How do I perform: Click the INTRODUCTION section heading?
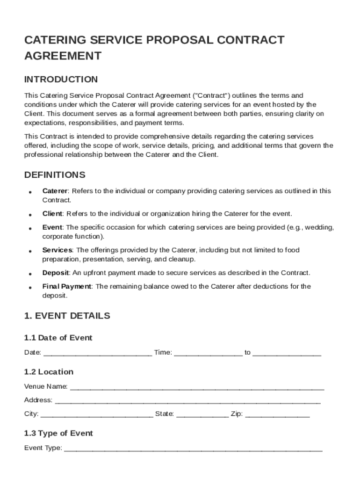pos(61,79)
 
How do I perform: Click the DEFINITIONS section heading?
pos(55,175)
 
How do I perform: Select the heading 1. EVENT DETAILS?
pos(67,316)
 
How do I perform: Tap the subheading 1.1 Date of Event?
pos(58,338)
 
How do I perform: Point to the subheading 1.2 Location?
pos(49,372)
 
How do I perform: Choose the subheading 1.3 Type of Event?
pos(58,433)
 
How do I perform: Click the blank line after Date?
pos(97,353)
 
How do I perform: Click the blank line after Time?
pos(208,353)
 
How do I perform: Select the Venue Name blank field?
pos(196,387)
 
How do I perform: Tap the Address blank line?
pos(187,401)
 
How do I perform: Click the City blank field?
pos(97,414)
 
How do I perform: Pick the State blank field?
pos(202,414)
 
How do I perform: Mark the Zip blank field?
pos(277,414)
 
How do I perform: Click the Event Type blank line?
pos(193,449)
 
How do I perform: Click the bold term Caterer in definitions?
pos(55,191)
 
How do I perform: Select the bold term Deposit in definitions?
pos(56,273)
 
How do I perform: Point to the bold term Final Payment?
pos(67,286)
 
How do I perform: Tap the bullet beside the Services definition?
pos(30,251)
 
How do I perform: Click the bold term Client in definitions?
pos(52,214)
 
